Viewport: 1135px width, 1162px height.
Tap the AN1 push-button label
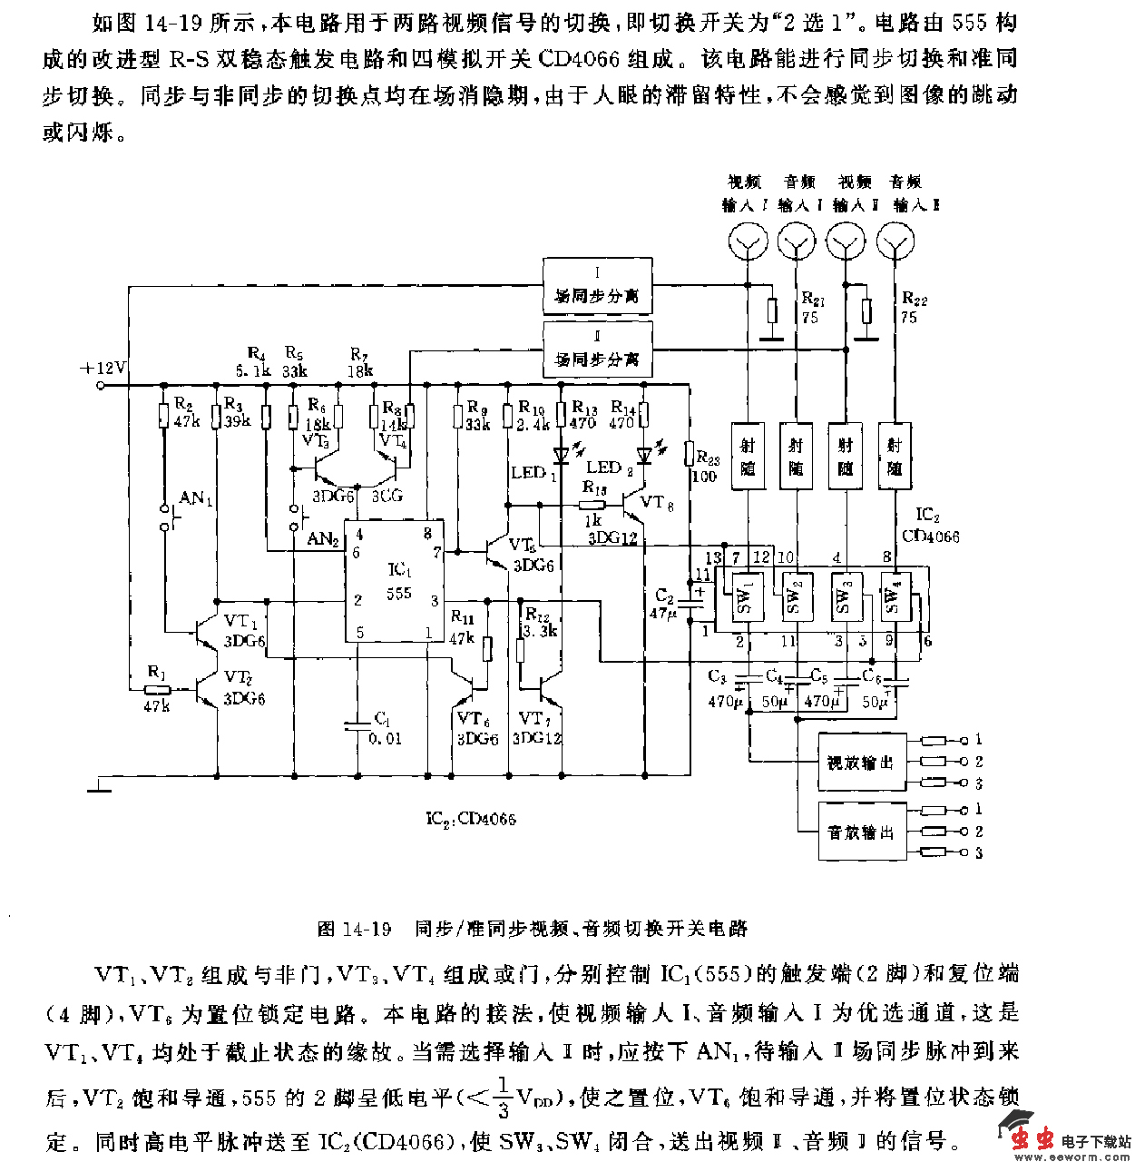pyautogui.click(x=196, y=497)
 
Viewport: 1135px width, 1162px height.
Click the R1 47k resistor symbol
pyautogui.click(x=158, y=689)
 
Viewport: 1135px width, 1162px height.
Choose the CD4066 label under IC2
pyautogui.click(x=930, y=537)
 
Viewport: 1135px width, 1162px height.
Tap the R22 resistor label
pyautogui.click(x=914, y=299)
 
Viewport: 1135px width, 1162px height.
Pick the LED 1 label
pyautogui.click(x=533, y=472)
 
